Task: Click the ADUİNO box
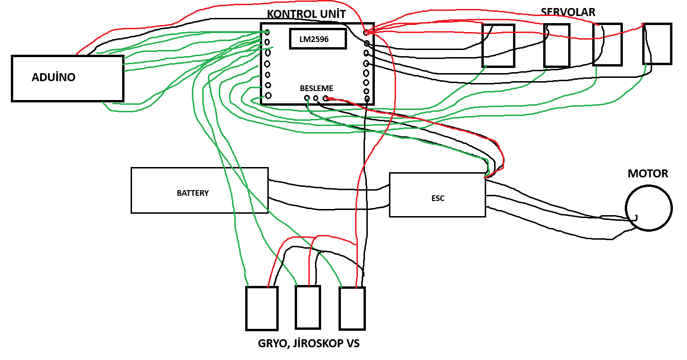coord(67,78)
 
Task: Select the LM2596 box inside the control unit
coord(318,39)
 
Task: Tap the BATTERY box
coord(199,190)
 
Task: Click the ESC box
coord(437,195)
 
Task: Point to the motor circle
coord(648,208)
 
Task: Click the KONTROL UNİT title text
coord(306,15)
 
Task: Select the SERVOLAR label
coord(568,12)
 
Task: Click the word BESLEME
coord(316,88)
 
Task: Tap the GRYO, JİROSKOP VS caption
coord(308,343)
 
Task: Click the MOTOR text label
coord(647,174)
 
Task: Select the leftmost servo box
coord(498,46)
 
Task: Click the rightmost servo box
coord(657,44)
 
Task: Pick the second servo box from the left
coord(556,46)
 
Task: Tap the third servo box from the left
coord(607,45)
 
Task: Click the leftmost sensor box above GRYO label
coord(262,308)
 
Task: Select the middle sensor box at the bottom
coord(308,307)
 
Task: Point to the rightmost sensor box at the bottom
coord(352,308)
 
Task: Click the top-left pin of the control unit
coord(267,32)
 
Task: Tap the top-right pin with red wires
coord(366,32)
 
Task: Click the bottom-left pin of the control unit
coord(268,96)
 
